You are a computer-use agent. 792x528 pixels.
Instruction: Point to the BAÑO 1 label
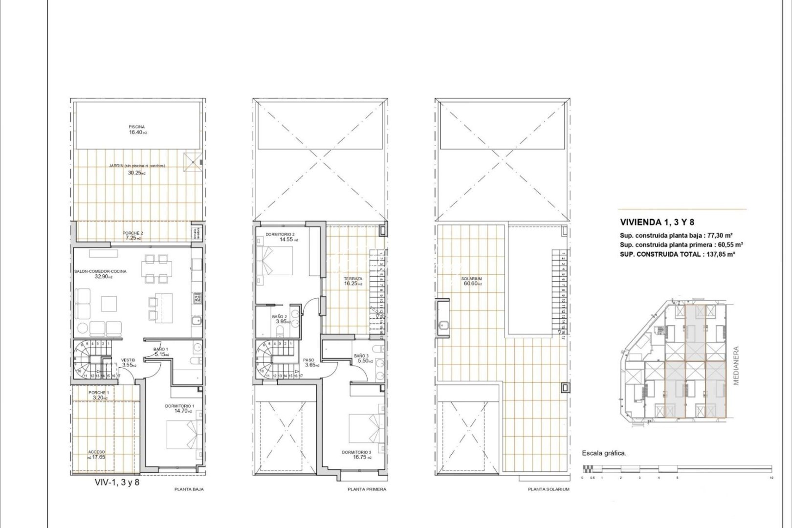(160, 349)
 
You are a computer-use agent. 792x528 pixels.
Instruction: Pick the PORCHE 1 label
(98, 393)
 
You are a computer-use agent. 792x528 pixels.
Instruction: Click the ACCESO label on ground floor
(97, 452)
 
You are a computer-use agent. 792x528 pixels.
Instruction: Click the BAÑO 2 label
(280, 316)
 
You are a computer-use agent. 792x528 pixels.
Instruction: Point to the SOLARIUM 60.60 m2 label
(471, 279)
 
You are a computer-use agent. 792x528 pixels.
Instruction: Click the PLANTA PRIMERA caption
(367, 489)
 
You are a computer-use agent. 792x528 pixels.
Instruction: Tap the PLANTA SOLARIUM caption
(549, 489)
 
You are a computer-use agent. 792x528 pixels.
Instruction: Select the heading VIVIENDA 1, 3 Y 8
(657, 222)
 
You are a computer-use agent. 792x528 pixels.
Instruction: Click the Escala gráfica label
(604, 453)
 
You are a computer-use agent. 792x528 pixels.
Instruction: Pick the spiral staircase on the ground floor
(86, 359)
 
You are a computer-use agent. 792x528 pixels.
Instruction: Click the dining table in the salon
(156, 268)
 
